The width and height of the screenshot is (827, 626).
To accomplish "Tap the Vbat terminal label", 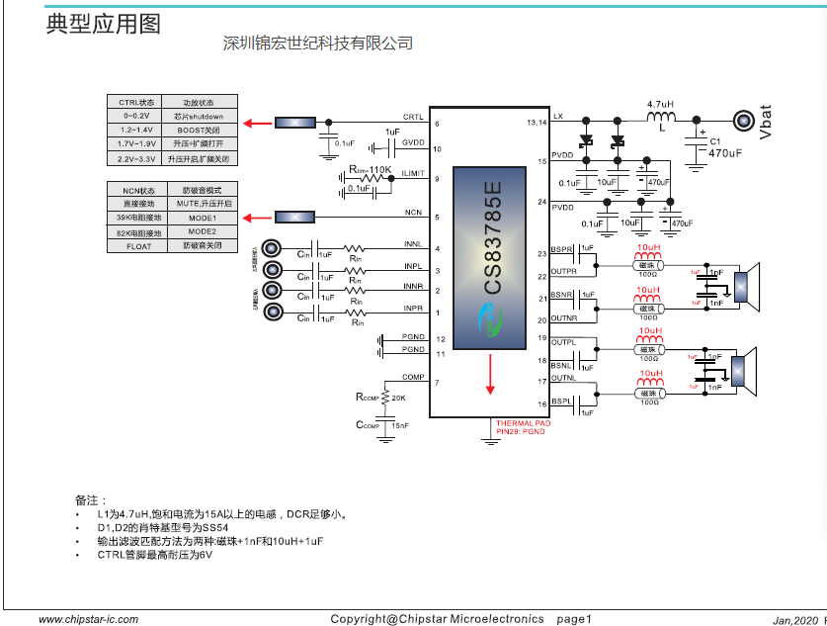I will pos(766,122).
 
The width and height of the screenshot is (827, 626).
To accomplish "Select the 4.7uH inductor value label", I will pos(660,104).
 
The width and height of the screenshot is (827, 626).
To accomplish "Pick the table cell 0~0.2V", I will pos(136,116).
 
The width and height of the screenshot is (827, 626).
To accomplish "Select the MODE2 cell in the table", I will pos(202,231).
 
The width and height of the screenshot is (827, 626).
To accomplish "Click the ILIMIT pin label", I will pos(414,174).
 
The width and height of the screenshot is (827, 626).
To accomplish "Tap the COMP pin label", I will pos(413,378).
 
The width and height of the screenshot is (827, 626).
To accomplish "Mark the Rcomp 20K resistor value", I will pos(397,398).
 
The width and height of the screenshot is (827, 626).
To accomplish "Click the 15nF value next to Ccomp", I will pos(399,425).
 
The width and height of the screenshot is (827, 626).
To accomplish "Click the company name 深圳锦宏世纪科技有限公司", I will pos(317,44).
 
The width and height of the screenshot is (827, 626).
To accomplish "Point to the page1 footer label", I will pos(574,619).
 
